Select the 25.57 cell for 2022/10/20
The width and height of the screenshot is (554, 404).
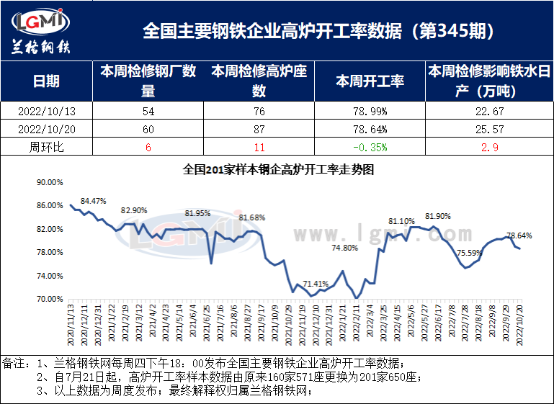489,130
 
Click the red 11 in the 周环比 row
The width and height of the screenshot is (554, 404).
259,148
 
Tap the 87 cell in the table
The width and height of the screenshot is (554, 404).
259,130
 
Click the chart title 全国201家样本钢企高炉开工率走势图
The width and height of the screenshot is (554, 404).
278,171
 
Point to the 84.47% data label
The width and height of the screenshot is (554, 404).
94,201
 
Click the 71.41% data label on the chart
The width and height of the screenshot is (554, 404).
316,284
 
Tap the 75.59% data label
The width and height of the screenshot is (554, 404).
470,253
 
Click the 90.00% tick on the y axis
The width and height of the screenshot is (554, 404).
50,183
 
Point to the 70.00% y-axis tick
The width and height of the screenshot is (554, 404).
50,299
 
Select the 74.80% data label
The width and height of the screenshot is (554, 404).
344,248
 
